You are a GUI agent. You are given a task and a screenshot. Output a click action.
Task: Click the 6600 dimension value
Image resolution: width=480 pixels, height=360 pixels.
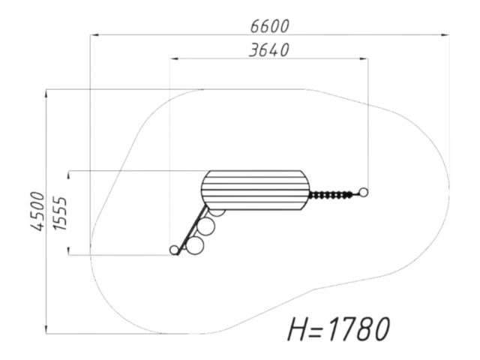point(270,26)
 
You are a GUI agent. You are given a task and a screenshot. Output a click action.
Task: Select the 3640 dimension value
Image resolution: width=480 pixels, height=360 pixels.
point(269,50)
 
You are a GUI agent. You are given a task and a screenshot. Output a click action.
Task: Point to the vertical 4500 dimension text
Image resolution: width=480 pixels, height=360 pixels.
point(37,211)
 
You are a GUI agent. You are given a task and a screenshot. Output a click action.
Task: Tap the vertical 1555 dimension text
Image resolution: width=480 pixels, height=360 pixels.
point(60,213)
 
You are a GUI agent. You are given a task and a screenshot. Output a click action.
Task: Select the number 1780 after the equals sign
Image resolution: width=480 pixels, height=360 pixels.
point(358,328)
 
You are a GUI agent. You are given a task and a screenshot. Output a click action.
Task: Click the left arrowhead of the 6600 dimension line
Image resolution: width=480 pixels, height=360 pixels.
point(94,35)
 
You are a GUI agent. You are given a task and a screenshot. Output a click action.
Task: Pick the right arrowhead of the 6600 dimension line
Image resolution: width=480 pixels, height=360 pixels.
point(445,35)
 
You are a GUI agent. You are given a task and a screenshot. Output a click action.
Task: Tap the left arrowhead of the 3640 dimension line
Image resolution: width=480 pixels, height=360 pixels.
point(174,58)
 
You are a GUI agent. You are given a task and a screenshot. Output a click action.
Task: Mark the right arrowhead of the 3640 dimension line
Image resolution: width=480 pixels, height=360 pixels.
point(364,58)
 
